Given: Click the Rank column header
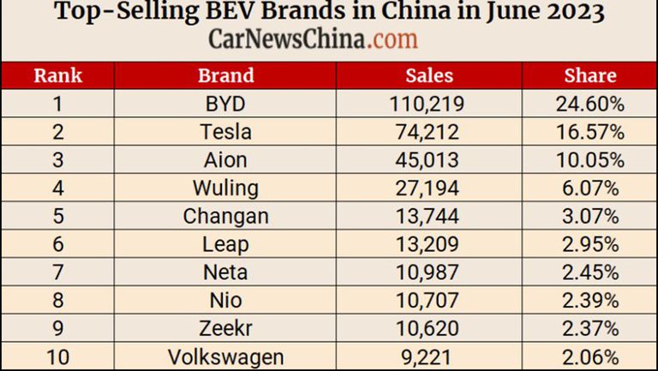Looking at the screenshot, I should pyautogui.click(x=57, y=75).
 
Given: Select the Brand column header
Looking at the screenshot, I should pyautogui.click(x=226, y=75).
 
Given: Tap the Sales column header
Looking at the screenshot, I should pyautogui.click(x=428, y=75).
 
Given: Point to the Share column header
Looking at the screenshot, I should pyautogui.click(x=590, y=75).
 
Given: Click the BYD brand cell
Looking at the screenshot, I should pyautogui.click(x=226, y=105).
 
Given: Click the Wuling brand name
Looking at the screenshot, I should pyautogui.click(x=226, y=188).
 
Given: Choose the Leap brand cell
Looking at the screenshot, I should pyautogui.click(x=226, y=245).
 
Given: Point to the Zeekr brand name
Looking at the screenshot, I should pyautogui.click(x=226, y=329).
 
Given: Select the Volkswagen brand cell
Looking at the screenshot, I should pyautogui.click(x=226, y=356).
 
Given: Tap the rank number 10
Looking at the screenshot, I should pyautogui.click(x=57, y=356).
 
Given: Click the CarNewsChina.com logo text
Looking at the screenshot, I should pyautogui.click(x=314, y=39).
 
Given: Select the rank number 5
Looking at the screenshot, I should pyautogui.click(x=57, y=217).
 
